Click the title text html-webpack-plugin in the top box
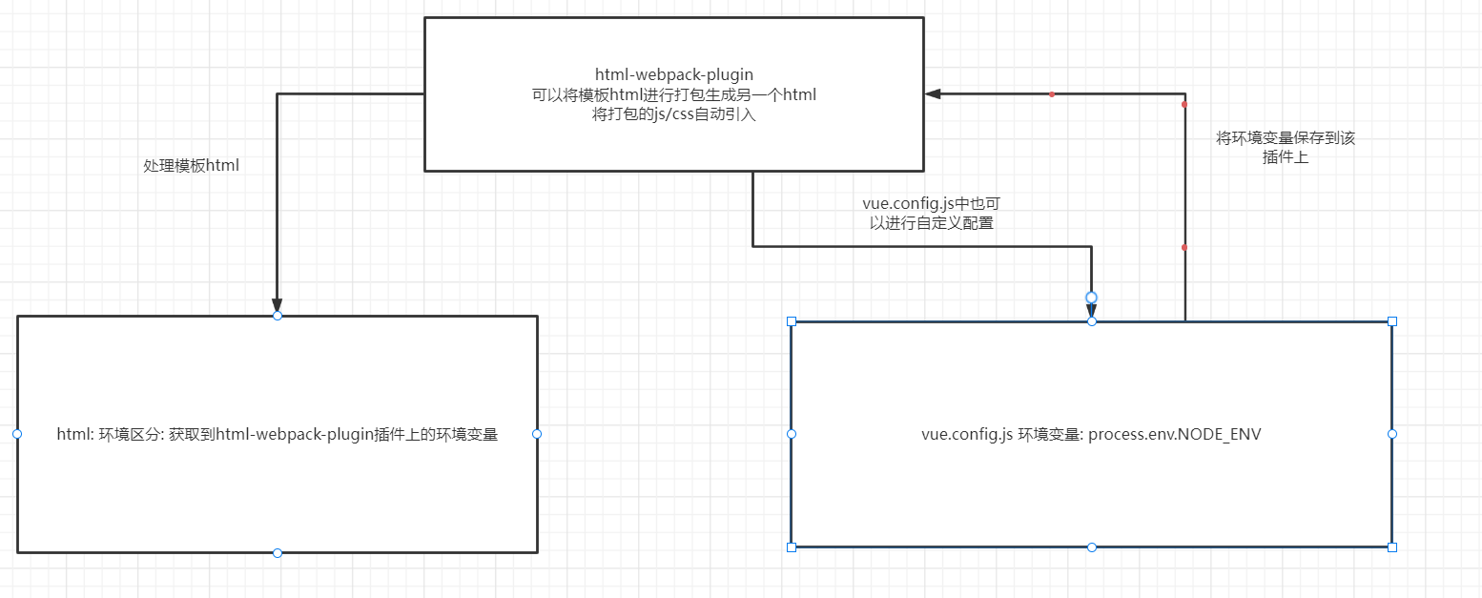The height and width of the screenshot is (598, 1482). (x=673, y=74)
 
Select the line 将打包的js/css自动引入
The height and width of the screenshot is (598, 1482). (x=673, y=114)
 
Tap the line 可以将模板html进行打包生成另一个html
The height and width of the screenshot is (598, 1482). (x=673, y=94)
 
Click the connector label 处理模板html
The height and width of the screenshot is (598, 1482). (x=191, y=165)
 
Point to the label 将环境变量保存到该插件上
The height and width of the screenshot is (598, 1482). (x=1286, y=148)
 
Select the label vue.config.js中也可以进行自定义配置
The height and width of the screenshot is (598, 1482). (x=931, y=213)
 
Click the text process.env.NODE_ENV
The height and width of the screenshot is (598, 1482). (x=1174, y=435)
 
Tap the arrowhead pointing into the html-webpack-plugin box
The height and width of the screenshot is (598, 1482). (x=933, y=93)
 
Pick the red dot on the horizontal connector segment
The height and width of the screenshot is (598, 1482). (x=1051, y=94)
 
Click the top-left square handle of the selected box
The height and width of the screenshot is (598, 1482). (x=792, y=321)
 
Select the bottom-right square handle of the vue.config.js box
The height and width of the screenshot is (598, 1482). (x=1392, y=547)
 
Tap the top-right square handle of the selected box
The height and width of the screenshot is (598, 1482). (x=1392, y=321)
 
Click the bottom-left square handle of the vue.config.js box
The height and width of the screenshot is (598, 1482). (x=792, y=547)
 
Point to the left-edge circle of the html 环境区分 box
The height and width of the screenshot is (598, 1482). (x=17, y=434)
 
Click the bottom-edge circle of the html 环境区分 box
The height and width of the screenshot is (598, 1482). (x=278, y=553)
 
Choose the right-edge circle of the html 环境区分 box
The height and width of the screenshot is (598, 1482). (x=537, y=434)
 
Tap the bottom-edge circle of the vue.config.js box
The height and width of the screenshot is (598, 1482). (x=1092, y=547)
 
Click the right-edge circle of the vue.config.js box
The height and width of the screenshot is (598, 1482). (x=1392, y=434)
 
